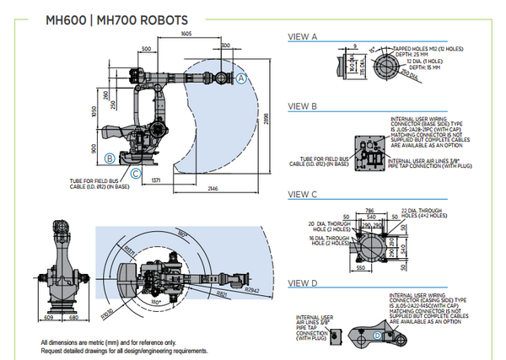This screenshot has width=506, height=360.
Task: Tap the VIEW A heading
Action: coord(303,37)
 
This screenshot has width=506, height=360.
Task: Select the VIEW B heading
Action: coord(303,107)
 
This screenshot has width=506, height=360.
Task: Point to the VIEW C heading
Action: coord(303,194)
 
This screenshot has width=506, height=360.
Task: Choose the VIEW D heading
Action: coord(303,282)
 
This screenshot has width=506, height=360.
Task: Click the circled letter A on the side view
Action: coord(241,78)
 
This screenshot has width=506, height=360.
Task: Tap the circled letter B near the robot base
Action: coord(110,158)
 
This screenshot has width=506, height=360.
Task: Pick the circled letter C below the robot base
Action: coord(136,174)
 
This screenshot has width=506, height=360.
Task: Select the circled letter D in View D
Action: coord(378,336)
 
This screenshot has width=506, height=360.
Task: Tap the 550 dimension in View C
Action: coord(362,266)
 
